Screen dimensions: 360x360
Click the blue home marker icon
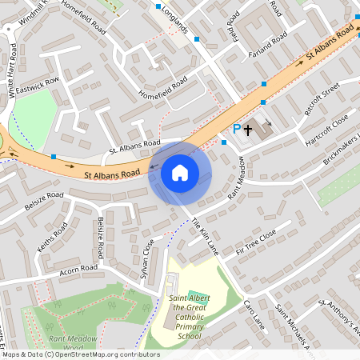[x=179, y=172]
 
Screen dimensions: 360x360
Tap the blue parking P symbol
[x=236, y=129]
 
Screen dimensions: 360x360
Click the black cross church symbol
[x=248, y=127]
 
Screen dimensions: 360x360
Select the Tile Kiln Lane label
[x=203, y=237]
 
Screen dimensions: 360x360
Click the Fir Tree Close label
[x=255, y=241]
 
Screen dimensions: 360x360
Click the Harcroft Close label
[x=326, y=131]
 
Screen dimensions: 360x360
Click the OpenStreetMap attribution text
[x=80, y=354]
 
